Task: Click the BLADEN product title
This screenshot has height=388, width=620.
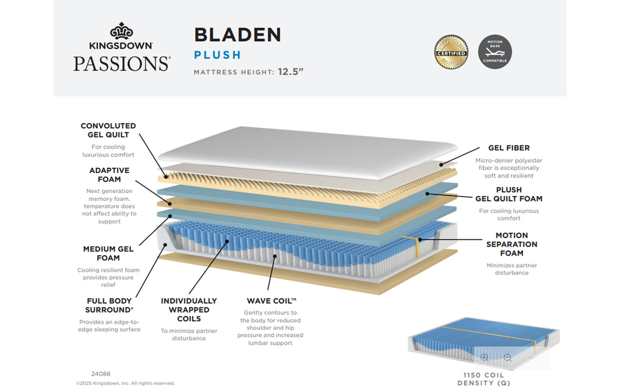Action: pyautogui.click(x=237, y=35)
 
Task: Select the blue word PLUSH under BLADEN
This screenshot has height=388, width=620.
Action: pyautogui.click(x=217, y=55)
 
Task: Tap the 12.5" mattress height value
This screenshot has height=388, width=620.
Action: pyautogui.click(x=290, y=72)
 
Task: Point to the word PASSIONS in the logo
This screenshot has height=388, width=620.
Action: pyautogui.click(x=122, y=63)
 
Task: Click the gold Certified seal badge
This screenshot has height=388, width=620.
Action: pyautogui.click(x=451, y=52)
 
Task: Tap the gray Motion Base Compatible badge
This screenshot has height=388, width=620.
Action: pyautogui.click(x=495, y=52)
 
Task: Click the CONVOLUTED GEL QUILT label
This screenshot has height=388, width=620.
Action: pyautogui.click(x=108, y=130)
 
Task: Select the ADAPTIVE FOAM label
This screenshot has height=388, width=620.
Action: pyautogui.click(x=109, y=175)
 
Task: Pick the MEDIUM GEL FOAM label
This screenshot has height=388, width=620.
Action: pyautogui.click(x=108, y=253)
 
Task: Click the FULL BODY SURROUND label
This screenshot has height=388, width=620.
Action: pyautogui.click(x=109, y=305)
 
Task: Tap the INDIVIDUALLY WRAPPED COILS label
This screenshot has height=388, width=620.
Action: pyautogui.click(x=189, y=310)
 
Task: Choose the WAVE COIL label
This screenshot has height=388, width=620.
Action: pyautogui.click(x=272, y=301)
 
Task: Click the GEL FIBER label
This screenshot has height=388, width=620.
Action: pyautogui.click(x=509, y=148)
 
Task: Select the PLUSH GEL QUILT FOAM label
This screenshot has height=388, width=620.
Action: pyautogui.click(x=509, y=194)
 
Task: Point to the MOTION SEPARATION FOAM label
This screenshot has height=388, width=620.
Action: pyautogui.click(x=511, y=244)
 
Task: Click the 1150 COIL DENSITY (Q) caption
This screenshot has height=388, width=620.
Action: pyautogui.click(x=483, y=379)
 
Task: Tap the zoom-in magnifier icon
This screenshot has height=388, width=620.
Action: pyautogui.click(x=485, y=358)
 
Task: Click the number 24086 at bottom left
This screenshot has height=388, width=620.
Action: pyautogui.click(x=100, y=373)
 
